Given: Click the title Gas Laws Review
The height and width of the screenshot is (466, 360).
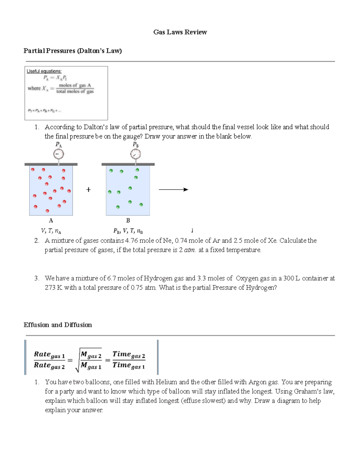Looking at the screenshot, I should click(180, 32).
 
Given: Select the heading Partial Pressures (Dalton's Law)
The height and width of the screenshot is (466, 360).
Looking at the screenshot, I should click(73, 51).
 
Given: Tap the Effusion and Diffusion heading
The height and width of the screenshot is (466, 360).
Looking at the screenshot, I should click(58, 325).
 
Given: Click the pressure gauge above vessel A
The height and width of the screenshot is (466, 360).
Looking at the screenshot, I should click(58, 154).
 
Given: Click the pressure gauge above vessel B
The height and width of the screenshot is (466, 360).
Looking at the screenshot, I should click(136, 154).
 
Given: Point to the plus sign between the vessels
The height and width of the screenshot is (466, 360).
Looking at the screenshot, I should click(88, 190).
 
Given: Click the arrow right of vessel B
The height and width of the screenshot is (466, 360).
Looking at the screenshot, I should click(173, 190).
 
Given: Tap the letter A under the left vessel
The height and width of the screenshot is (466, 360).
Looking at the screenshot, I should click(51, 221).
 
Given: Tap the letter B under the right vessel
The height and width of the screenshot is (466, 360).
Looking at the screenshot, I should click(128, 221).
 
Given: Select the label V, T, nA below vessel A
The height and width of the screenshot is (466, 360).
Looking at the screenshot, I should click(51, 231).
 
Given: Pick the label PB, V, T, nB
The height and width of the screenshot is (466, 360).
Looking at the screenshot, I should click(128, 231).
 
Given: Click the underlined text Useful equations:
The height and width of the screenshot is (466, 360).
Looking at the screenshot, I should click(44, 71).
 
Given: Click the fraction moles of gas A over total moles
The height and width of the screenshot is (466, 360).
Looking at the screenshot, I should click(75, 88).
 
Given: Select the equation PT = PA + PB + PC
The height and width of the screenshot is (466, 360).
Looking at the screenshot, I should click(44, 111).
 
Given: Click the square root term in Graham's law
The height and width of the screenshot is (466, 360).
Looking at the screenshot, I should click(89, 360).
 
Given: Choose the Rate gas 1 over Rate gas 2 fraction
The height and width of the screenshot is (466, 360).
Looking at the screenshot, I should click(49, 360).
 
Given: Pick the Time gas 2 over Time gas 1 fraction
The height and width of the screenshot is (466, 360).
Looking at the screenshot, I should click(129, 360).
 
